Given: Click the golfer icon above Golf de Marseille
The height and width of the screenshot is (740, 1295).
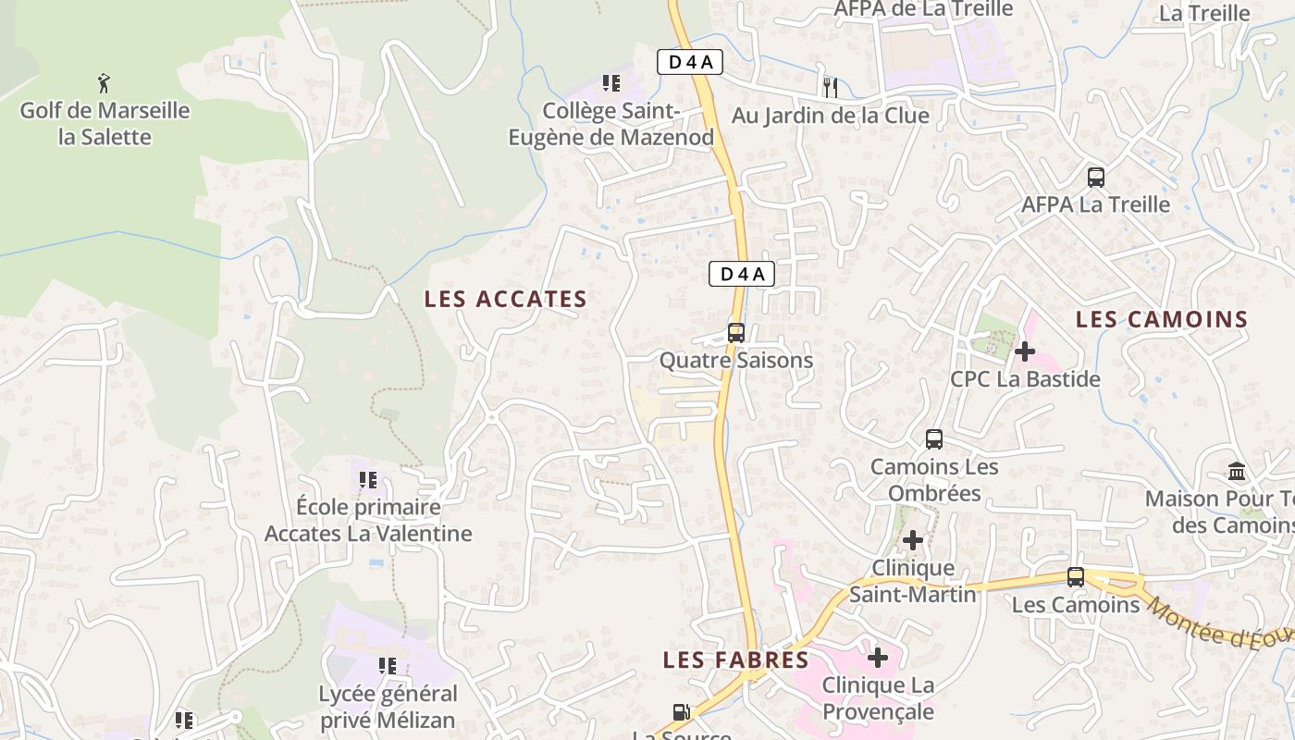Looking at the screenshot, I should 104,83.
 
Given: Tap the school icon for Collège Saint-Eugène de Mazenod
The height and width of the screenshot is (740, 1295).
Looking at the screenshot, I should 610,83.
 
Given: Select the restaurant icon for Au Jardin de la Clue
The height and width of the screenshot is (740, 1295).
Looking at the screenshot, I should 831,88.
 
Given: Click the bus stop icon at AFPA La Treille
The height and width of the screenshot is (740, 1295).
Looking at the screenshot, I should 1096,177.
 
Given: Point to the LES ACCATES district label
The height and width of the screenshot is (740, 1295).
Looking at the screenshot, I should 505,299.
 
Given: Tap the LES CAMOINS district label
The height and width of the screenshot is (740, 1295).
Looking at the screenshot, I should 1162,319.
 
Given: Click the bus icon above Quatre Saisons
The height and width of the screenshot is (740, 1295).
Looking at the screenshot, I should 736,333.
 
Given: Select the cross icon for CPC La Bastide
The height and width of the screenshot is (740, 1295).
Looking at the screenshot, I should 1025,351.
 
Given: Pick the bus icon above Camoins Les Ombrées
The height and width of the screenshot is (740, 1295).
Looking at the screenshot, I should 934,439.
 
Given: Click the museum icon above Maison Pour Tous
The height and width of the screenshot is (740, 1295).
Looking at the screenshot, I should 1237,472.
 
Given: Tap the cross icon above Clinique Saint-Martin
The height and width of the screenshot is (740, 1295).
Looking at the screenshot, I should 913,540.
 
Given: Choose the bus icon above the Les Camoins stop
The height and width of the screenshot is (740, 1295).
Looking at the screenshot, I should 1076,577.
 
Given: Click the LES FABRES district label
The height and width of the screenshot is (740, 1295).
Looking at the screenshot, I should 735,660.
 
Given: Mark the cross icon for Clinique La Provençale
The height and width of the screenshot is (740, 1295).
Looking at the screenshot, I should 878,658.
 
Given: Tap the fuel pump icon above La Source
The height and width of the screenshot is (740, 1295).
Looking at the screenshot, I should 682,712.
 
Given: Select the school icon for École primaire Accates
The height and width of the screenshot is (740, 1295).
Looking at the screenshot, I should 368,480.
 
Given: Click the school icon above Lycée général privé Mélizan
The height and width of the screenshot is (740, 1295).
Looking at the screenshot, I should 388,665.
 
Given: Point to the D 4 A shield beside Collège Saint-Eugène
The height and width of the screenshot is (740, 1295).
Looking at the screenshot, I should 689,63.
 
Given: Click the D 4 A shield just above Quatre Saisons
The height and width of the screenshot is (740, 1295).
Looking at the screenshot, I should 741,274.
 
